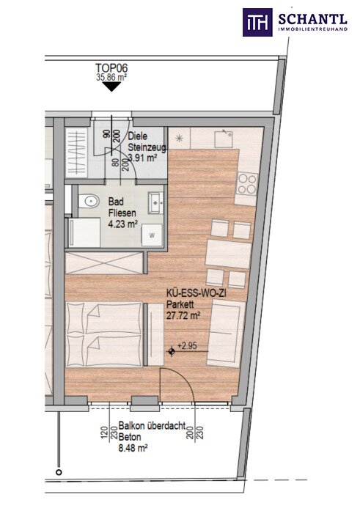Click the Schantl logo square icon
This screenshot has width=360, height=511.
pos(257,22)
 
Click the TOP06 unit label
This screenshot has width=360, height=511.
pos(111,68)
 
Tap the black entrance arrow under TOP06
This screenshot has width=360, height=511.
pos(111,87)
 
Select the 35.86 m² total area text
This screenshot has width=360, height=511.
pos(111,78)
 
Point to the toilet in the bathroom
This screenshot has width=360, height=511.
pos(89,201)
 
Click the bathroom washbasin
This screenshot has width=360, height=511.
pos(155,203)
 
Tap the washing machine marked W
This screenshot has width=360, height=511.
pos(152,235)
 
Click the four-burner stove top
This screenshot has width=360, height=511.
pos(246,184)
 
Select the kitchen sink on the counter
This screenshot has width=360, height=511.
pos(224,139)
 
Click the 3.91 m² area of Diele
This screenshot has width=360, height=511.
pos(142,158)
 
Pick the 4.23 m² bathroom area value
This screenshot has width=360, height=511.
pos(123,224)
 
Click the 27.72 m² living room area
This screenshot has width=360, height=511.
pos(183,315)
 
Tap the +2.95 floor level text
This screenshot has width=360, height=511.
pos(187,346)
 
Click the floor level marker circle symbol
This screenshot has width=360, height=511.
pos(172,351)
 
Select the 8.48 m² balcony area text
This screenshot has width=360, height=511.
pos(133,449)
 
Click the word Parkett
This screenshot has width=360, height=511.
pos(180,304)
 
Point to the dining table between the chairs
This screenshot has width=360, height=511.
pos(228,254)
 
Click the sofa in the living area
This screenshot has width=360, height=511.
pos(226,333)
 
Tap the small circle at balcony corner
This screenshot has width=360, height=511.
pos(59,472)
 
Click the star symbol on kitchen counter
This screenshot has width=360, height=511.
pos(179,138)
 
